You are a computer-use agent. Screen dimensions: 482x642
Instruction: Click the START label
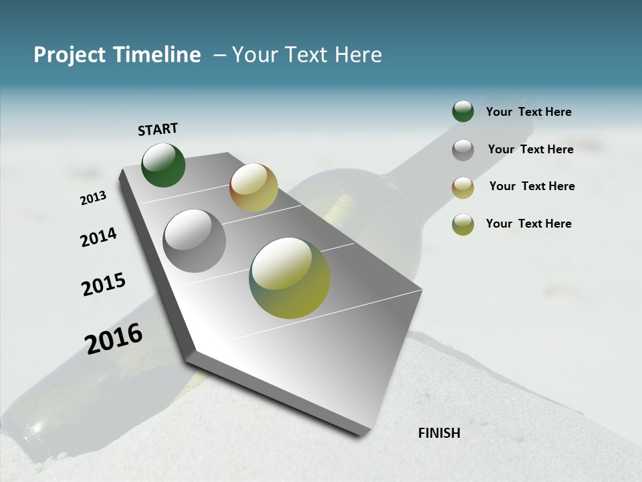pyautogui.click(x=158, y=129)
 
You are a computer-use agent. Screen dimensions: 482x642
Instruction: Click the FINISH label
pyautogui.click(x=439, y=433)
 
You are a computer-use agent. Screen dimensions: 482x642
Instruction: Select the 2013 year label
pyautogui.click(x=94, y=197)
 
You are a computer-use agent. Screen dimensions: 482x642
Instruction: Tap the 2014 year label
pyautogui.click(x=98, y=237)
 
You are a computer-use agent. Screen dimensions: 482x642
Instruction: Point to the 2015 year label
pyautogui.click(x=104, y=285)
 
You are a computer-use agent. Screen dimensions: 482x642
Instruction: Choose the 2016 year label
pyautogui.click(x=114, y=338)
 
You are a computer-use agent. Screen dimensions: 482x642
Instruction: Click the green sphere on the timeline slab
pyautogui.click(x=163, y=165)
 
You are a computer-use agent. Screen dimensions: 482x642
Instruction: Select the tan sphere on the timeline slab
pyautogui.click(x=253, y=187)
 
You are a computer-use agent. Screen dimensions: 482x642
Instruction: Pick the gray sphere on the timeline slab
pyautogui.click(x=195, y=241)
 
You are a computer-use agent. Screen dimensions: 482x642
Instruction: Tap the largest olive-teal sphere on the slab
pyautogui.click(x=290, y=278)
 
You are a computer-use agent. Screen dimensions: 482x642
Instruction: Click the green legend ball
pyautogui.click(x=463, y=112)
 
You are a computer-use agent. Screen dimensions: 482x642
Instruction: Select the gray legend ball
pyautogui.click(x=463, y=150)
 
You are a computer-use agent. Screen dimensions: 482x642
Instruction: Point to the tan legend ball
pyautogui.click(x=463, y=187)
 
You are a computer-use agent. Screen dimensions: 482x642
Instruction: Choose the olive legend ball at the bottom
pyautogui.click(x=463, y=224)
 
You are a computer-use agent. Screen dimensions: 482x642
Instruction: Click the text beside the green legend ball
pyautogui.click(x=528, y=112)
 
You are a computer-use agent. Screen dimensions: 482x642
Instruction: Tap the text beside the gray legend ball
pyautogui.click(x=530, y=149)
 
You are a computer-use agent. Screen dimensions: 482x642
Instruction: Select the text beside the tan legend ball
pyautogui.click(x=532, y=186)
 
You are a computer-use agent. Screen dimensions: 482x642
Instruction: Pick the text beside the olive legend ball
pyautogui.click(x=528, y=224)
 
